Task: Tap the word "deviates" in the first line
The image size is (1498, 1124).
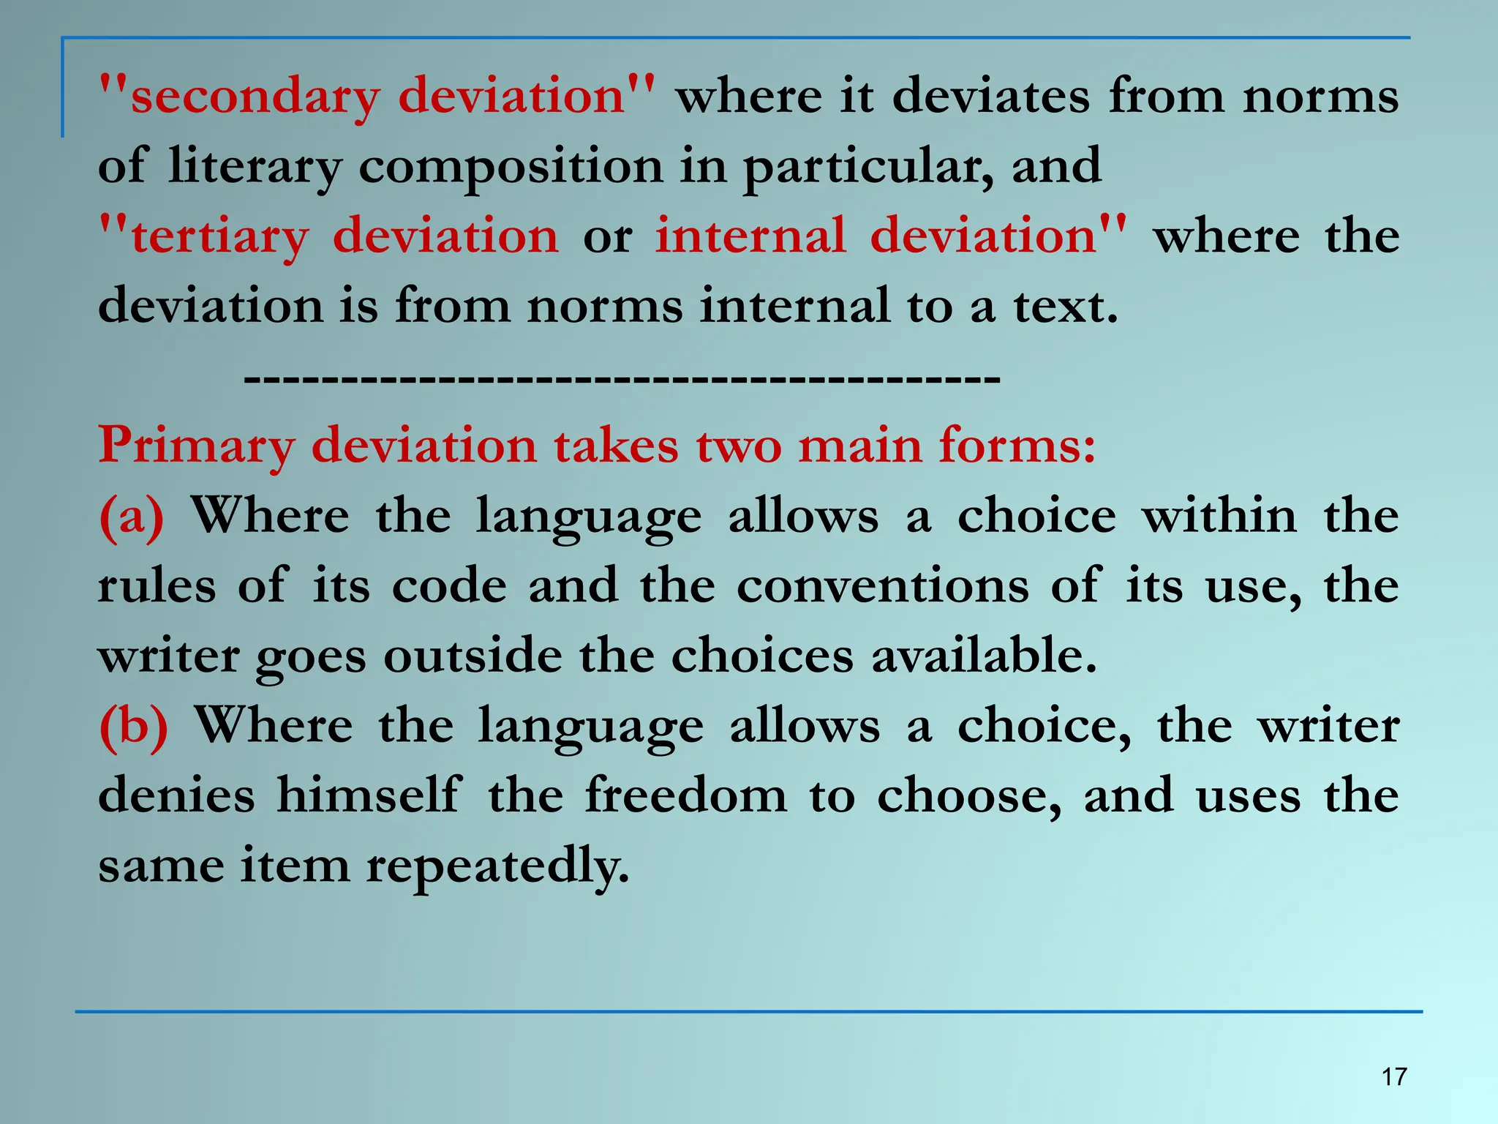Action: [x=991, y=96]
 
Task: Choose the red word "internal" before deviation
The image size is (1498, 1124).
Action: [x=750, y=236]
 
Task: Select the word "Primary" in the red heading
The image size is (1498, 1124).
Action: [x=195, y=446]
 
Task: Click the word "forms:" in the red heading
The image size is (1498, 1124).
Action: [x=1017, y=445]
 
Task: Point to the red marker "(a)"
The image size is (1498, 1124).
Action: [x=132, y=516]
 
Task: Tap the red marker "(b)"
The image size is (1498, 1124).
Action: [x=134, y=726]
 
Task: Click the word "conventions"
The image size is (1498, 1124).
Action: [x=882, y=586]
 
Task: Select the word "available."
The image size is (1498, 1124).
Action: [x=984, y=655]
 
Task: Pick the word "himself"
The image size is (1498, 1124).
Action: [x=369, y=795]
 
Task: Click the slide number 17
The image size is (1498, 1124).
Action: [x=1394, y=1076]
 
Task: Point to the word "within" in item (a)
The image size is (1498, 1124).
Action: [x=1219, y=516]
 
